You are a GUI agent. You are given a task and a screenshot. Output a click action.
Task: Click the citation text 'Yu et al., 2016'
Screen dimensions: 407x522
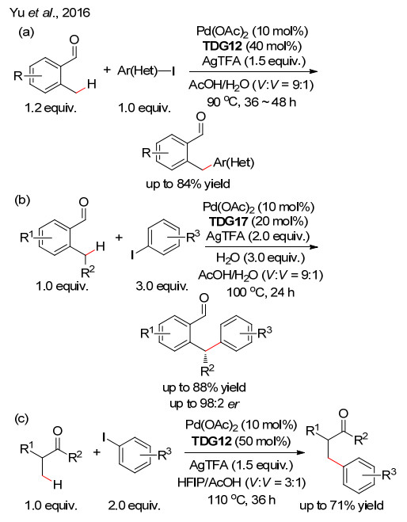coord(50,13)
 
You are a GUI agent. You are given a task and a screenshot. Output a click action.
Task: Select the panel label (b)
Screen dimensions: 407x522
coord(22,200)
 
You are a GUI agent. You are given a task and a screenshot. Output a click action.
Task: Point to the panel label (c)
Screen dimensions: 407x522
coord(21,418)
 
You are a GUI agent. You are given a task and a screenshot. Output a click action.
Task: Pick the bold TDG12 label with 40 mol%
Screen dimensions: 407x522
coord(222,46)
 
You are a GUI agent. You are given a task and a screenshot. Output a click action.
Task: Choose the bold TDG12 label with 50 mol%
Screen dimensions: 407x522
coord(211,440)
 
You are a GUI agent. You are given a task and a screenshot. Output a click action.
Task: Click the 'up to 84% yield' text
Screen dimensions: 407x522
coord(188,184)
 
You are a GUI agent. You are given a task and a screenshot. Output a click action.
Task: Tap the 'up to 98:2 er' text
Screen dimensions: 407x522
coord(204,403)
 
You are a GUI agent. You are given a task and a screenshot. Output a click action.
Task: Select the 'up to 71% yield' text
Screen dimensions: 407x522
coord(342,505)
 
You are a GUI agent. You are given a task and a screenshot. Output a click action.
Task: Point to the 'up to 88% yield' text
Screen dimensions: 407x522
coord(204,387)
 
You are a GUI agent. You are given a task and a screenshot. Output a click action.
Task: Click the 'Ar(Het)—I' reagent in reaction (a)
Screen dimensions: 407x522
coord(146,71)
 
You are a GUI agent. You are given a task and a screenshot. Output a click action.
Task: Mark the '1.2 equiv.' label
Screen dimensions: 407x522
coord(51,108)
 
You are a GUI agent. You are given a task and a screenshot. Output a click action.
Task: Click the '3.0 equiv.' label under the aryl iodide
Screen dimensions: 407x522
coord(162,286)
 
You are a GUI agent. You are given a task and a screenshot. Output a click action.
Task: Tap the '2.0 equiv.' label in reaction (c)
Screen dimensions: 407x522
coord(134,505)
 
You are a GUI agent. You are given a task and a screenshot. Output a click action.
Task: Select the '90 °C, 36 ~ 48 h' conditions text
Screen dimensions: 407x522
coord(251,101)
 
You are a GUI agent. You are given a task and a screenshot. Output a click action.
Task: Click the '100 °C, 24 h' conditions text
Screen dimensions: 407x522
coord(261,292)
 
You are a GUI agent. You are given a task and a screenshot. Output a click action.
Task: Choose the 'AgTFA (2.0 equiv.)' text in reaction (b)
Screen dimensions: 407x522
coord(258,236)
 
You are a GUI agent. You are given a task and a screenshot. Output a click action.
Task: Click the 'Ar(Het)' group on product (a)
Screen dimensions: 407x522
coord(234,163)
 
